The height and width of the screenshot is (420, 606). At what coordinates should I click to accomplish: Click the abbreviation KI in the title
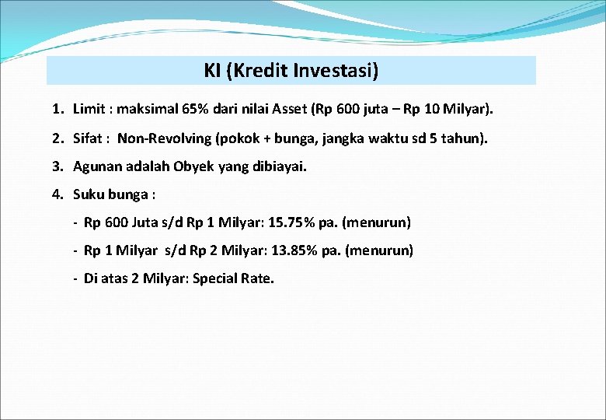click(x=213, y=71)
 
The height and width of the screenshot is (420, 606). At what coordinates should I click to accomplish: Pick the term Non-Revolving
click(x=164, y=138)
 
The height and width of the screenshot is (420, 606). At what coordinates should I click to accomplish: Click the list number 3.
click(x=57, y=166)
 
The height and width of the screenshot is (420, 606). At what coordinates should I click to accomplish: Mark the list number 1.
click(x=57, y=110)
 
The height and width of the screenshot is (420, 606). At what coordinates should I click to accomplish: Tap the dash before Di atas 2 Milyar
click(x=75, y=278)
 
